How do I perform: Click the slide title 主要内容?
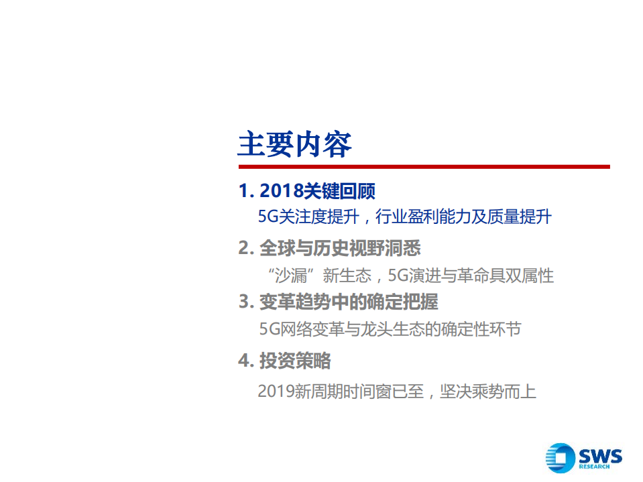(x=294, y=143)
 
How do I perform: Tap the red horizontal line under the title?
(x=424, y=166)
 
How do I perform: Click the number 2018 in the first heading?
(x=281, y=192)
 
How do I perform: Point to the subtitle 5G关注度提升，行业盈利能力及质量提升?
(x=405, y=217)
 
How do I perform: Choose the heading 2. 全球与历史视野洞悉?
(x=329, y=249)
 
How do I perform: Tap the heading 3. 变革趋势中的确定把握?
(x=338, y=302)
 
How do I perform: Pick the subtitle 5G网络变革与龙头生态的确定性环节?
(x=390, y=329)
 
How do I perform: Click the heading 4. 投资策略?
(x=284, y=361)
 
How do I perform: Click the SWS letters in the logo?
(x=600, y=456)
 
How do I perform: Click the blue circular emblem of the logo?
(x=561, y=459)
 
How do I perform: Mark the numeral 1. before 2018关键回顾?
(x=245, y=192)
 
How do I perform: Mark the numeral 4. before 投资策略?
(x=245, y=361)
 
